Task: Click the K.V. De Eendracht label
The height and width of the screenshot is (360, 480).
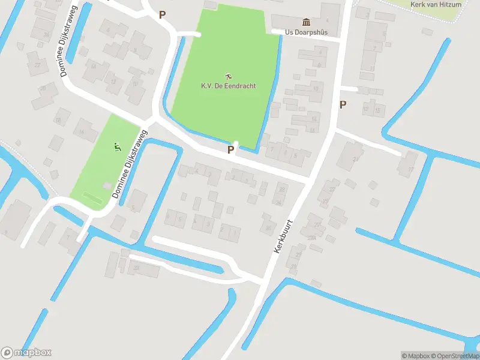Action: coord(228,86)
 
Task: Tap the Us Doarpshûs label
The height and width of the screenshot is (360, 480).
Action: coord(306,32)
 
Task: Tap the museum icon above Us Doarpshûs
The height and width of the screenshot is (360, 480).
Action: coord(306,22)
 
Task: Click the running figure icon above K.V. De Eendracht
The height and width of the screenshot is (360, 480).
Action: coord(228,76)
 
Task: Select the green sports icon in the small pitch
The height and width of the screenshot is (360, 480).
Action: coord(118,146)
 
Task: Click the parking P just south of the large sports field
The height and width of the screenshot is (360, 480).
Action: coord(230,149)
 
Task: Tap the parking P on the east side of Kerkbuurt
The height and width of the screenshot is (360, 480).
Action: coord(343,104)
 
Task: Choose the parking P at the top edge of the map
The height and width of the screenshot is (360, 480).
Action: coord(162,14)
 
